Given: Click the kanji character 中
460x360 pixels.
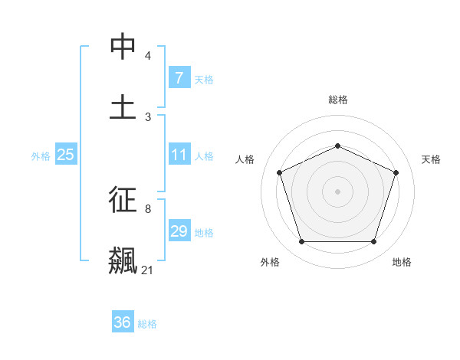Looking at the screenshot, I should [123, 47].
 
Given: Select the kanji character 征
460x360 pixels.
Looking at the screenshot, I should [123, 200].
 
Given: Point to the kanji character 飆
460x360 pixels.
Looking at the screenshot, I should [123, 260].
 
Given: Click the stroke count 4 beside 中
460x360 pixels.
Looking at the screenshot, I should [148, 56].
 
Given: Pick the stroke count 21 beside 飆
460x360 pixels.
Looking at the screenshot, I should [147, 270].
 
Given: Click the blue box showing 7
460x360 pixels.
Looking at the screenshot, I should [179, 78].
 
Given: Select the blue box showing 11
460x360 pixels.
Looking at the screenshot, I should [179, 155].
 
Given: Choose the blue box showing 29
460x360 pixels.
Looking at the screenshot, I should [179, 231].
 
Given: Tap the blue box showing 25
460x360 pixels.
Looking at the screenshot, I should [65, 155].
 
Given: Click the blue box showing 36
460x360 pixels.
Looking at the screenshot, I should [122, 322].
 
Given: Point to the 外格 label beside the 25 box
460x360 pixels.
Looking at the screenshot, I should [41, 155].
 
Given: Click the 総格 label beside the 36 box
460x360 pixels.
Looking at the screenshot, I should [147, 323].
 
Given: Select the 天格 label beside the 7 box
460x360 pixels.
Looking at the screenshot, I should [203, 79].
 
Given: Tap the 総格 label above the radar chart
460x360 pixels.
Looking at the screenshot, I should [337, 100].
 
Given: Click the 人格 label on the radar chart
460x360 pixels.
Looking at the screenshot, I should [245, 159].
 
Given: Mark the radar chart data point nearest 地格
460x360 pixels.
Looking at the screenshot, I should [373, 241].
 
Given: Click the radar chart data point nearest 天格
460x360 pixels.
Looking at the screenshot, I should [396, 172].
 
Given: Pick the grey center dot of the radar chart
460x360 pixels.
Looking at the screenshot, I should [337, 191].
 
